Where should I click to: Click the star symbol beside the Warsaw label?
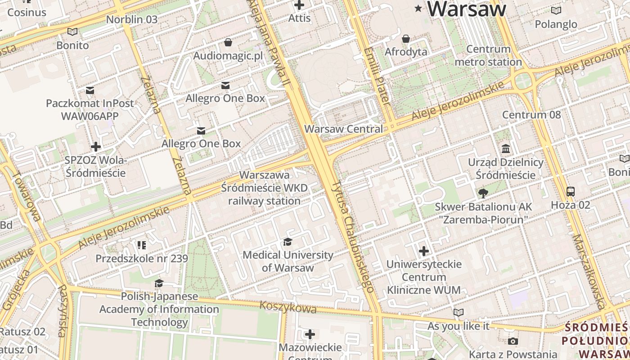pos(418,8)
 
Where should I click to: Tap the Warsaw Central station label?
pos(343,129)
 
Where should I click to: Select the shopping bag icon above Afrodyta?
pos(406,39)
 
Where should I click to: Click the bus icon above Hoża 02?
pos(570,192)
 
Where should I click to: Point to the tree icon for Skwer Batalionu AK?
pos(483,193)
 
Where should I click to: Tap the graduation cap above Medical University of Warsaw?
pos(288,242)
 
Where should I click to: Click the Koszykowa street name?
pos(288,308)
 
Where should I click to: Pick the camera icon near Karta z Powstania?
pos(513,342)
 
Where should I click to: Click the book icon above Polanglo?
pos(556,10)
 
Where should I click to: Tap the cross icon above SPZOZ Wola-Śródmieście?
pos(95,147)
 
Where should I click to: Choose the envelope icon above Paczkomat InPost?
pos(90,90)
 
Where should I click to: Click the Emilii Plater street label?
pos(377,76)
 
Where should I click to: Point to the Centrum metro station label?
pos(488,55)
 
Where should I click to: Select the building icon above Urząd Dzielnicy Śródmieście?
pos(505,149)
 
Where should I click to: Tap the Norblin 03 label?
pos(132,19)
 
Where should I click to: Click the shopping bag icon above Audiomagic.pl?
pos(228,42)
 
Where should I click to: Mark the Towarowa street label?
pos(27,198)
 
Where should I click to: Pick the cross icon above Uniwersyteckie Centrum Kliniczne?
pos(423,251)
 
